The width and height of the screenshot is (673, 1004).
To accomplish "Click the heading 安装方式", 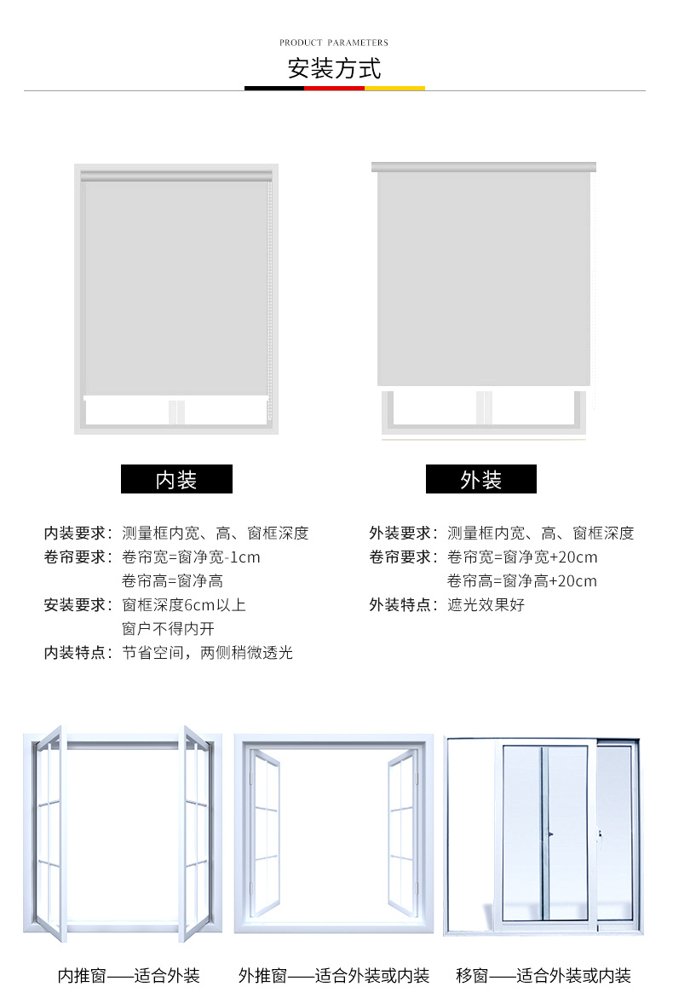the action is click(x=335, y=68).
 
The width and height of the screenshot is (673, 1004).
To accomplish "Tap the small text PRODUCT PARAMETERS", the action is click(x=334, y=43).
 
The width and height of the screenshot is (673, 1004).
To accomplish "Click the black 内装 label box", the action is click(x=176, y=479).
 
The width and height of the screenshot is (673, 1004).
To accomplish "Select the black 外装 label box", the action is click(x=481, y=479).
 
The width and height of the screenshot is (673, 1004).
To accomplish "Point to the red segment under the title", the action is click(x=335, y=88).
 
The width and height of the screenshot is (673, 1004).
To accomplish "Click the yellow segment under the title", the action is click(x=394, y=88).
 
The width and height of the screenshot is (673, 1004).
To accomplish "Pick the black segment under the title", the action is click(x=274, y=88).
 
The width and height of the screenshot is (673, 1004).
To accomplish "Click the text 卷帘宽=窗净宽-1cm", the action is click(x=191, y=557).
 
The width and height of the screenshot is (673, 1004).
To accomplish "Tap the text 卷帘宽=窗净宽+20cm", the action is click(x=522, y=557).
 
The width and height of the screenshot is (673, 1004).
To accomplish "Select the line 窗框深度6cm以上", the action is click(x=184, y=605).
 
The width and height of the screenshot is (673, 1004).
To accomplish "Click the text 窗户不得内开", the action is click(x=169, y=629).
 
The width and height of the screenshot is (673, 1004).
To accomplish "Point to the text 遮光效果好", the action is click(x=486, y=605).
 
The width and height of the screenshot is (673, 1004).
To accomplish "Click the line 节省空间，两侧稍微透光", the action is click(x=207, y=653).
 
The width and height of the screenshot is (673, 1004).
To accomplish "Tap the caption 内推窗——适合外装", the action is click(x=129, y=976).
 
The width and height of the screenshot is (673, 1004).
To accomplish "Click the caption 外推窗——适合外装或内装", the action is click(x=334, y=976).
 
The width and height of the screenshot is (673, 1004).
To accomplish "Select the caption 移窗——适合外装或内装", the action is click(x=544, y=976).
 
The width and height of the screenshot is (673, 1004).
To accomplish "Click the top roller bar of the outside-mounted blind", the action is click(x=483, y=167).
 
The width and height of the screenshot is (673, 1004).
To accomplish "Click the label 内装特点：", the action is click(x=78, y=653).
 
